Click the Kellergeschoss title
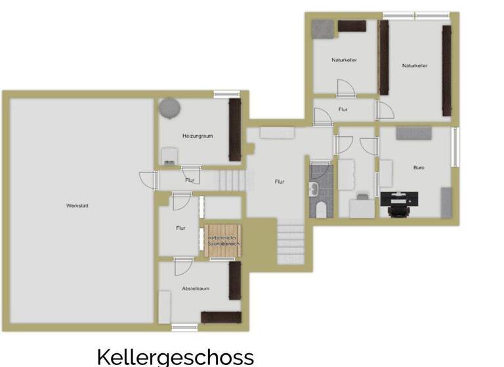tap(175, 357)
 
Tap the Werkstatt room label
tap(77, 205)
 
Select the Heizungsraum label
tap(198, 136)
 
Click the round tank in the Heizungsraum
tap(170, 107)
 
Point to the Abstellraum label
tap(196, 288)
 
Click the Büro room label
tap(418, 168)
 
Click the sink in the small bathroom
tap(315, 190)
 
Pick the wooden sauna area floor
tap(223, 236)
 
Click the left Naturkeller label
tap(344, 60)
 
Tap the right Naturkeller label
tap(415, 65)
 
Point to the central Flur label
tap(279, 182)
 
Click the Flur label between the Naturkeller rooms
tap(343, 109)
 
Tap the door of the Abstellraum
tap(182, 266)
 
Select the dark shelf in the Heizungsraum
tap(234, 130)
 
